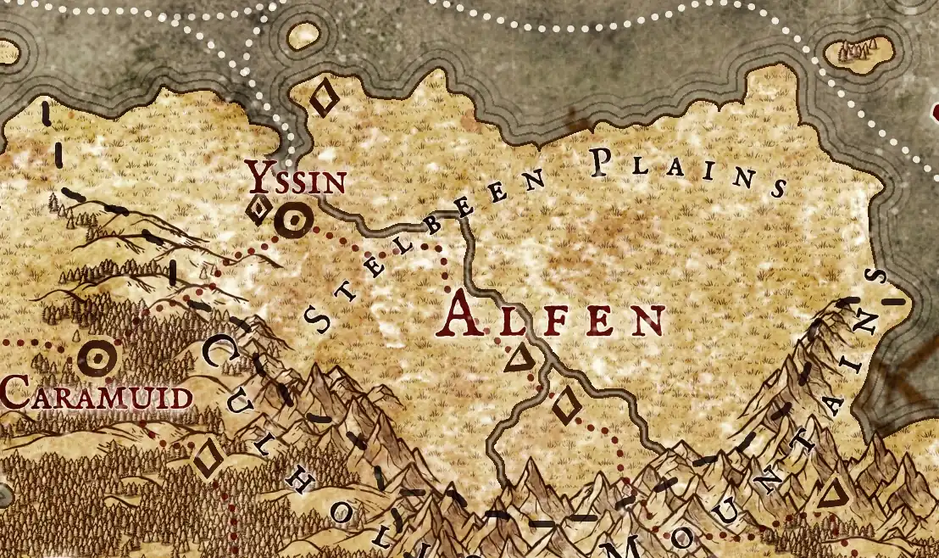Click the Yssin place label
[296, 179]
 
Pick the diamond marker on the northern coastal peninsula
[323, 98]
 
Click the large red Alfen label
[553, 315]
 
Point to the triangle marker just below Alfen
[518, 360]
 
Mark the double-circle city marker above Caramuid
[97, 359]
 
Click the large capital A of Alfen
[466, 315]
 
